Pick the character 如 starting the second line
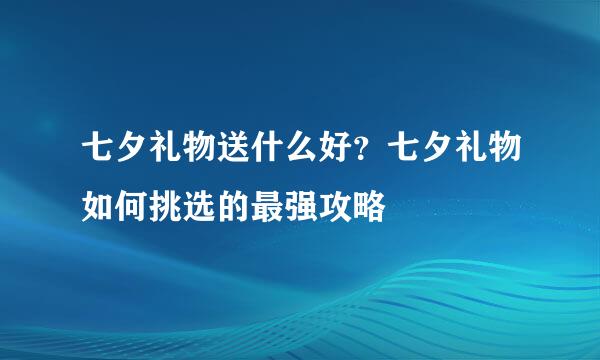point(99,196)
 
